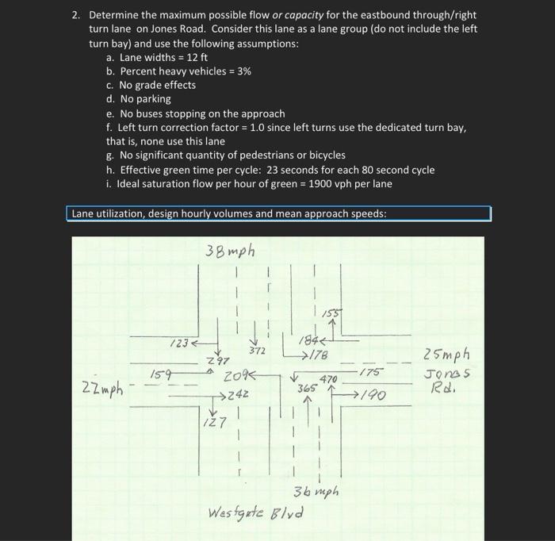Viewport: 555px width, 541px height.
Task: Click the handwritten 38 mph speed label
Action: click(x=231, y=252)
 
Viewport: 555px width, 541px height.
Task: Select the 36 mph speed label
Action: click(x=316, y=492)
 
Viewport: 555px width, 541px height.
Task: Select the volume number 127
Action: click(x=212, y=424)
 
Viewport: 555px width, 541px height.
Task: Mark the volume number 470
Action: click(x=329, y=380)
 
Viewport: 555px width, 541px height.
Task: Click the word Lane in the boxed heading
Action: click(x=82, y=213)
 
